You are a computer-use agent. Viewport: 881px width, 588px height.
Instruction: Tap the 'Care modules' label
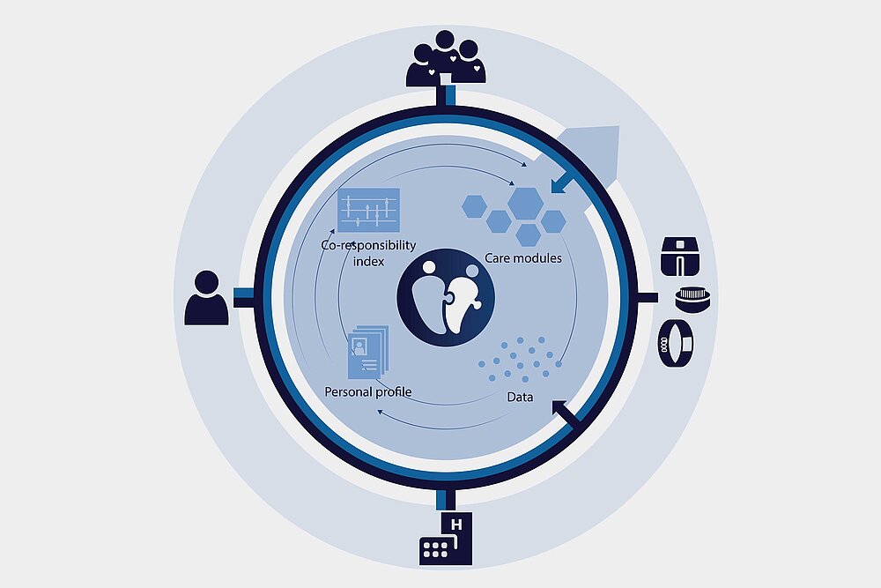523,258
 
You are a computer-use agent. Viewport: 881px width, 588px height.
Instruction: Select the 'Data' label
520,397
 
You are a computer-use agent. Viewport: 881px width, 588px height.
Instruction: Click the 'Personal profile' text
368,391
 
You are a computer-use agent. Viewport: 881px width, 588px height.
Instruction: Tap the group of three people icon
445,59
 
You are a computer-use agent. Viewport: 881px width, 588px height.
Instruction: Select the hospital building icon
445,539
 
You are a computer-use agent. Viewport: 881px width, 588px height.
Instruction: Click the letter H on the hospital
455,526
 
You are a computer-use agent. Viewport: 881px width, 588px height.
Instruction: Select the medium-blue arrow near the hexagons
562,182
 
